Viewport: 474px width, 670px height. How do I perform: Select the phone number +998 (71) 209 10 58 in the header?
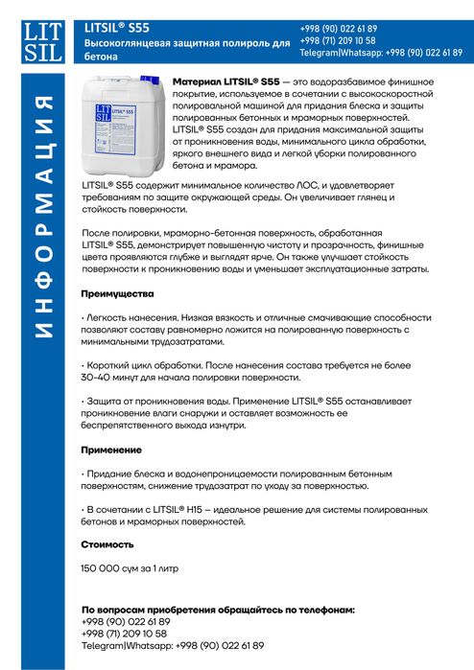(338, 40)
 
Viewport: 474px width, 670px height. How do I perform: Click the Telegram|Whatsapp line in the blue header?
(380, 52)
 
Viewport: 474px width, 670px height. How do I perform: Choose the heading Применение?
(111, 450)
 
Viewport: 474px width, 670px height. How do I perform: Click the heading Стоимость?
(107, 543)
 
